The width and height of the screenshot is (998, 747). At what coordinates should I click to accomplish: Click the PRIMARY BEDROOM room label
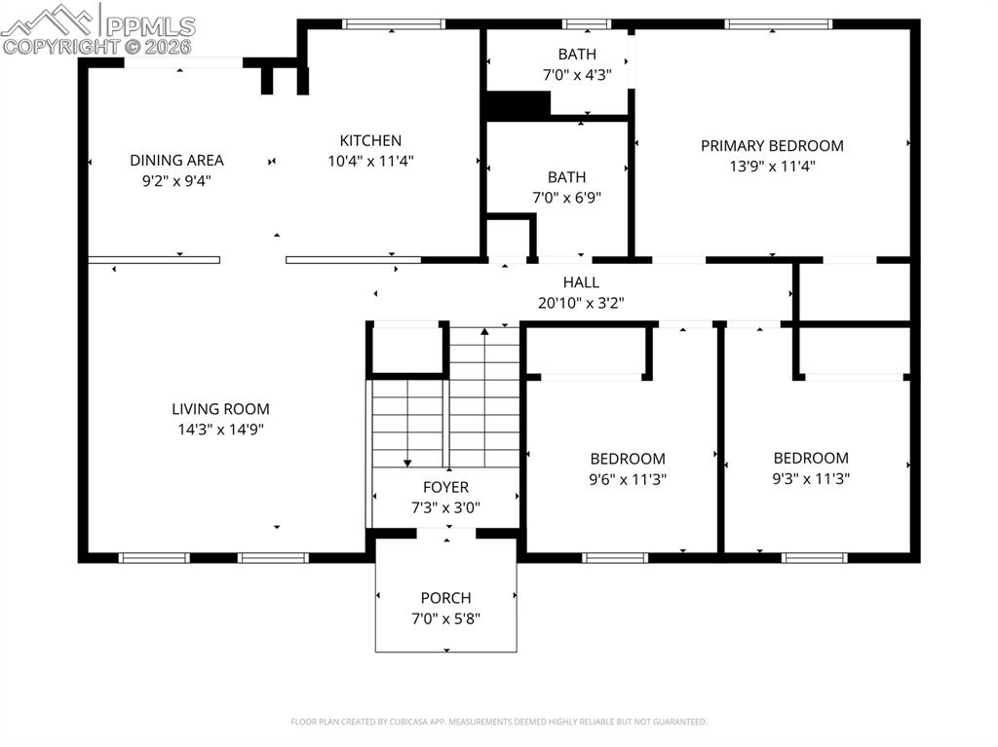click(x=772, y=146)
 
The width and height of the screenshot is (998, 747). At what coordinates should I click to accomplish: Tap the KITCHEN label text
click(x=370, y=140)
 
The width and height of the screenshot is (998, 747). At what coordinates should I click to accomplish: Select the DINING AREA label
click(x=176, y=160)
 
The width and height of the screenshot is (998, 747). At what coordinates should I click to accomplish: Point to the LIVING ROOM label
click(x=220, y=409)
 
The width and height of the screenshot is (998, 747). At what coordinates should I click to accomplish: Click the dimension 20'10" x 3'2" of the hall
click(x=580, y=303)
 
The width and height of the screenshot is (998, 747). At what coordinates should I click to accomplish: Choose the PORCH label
click(x=445, y=598)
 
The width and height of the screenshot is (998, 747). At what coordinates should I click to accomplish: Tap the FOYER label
click(x=445, y=487)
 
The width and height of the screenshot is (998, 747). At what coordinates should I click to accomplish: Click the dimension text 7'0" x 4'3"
click(x=577, y=74)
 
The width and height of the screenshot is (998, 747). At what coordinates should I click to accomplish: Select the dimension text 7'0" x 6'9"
click(x=566, y=197)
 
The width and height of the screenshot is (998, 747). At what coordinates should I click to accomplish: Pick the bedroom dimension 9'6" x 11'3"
click(x=628, y=479)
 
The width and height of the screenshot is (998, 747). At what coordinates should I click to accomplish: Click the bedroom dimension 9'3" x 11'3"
click(x=811, y=478)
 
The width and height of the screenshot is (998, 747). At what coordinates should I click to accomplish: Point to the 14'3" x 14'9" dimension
click(x=220, y=429)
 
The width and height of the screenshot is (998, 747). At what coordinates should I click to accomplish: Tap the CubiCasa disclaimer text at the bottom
click(x=499, y=722)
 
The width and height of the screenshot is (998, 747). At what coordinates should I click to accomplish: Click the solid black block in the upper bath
click(x=518, y=104)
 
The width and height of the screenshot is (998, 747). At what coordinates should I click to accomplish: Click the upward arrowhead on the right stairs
click(x=484, y=333)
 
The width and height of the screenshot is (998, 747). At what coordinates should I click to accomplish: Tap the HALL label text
click(x=580, y=282)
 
